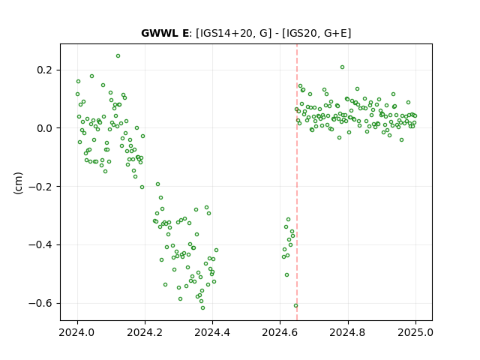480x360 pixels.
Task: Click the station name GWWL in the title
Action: [159, 33]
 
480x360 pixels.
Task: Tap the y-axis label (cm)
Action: [18, 183]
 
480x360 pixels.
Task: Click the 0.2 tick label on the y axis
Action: [44, 70]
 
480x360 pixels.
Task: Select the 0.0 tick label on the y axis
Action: [44, 128]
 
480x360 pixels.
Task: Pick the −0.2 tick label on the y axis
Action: [40, 187]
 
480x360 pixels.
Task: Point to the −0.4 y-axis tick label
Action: [40, 245]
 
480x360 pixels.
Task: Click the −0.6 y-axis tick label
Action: [40, 303]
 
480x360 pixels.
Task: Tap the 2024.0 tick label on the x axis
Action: [77, 332]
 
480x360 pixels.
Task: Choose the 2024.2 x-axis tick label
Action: [145, 332]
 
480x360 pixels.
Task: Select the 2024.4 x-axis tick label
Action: [212, 332]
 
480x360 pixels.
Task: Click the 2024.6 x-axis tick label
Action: [280, 332]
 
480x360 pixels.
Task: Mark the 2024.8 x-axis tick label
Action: [348, 332]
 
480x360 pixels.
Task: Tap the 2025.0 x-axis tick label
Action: [415, 332]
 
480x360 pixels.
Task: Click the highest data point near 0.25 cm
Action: [118, 56]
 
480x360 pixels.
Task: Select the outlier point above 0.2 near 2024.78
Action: [342, 67]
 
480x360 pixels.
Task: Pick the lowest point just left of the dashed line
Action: [295, 306]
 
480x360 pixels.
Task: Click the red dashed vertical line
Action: [297, 182]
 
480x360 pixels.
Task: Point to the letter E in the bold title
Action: [185, 33]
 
